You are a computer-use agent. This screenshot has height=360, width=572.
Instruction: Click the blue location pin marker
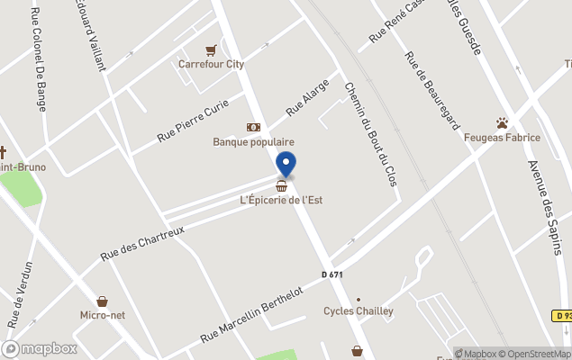pos(286,164)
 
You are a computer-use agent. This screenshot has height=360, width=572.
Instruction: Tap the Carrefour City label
pos(211,64)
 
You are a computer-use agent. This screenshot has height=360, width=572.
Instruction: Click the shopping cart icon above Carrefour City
pos(211,50)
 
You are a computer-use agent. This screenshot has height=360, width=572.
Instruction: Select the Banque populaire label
pos(253,141)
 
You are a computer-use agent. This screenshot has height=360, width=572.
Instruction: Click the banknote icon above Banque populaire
pos(253,128)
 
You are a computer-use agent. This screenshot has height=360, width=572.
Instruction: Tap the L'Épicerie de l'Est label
pos(281,200)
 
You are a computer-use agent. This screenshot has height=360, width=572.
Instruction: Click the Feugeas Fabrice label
pos(502,138)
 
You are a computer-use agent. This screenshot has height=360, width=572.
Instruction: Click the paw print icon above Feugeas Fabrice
pos(502,122)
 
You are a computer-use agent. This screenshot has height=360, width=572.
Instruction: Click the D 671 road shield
pos(332,274)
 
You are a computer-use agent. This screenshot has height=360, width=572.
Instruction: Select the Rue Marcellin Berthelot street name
pos(258,311)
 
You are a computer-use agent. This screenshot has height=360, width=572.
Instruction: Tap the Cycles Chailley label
pos(359,311)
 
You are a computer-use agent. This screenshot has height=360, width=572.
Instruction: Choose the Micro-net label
pos(102,315)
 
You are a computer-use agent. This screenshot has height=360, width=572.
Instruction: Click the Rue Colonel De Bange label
pos(39,59)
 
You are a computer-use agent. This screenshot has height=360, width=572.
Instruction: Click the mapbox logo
pos(41,348)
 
